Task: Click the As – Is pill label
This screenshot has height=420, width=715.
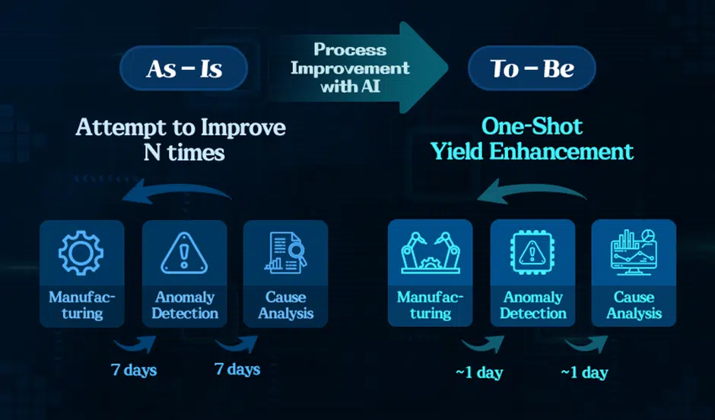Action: [x=184, y=68]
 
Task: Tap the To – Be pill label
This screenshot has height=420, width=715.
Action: [x=532, y=68]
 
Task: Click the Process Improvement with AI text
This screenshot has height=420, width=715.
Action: [x=350, y=68]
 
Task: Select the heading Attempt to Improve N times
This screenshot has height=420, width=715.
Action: [x=181, y=140]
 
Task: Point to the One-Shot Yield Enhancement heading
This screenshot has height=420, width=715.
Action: [x=532, y=138]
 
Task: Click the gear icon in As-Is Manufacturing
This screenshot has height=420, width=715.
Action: [x=81, y=253]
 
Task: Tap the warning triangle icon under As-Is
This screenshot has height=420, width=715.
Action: [x=184, y=253]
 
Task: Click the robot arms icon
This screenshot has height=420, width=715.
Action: [x=431, y=253]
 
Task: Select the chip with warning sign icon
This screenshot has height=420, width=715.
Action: [x=532, y=252]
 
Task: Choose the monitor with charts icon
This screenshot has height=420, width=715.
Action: [x=634, y=252]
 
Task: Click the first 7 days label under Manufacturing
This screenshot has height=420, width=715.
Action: [x=134, y=369]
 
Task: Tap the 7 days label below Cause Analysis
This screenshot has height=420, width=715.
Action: [x=237, y=369]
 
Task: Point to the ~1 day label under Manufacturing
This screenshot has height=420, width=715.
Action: [x=479, y=373]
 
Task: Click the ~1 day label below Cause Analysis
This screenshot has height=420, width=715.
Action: [x=585, y=373]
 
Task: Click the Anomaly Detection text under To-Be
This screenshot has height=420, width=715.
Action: [x=532, y=305]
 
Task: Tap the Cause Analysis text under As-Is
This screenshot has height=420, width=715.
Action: [x=286, y=305]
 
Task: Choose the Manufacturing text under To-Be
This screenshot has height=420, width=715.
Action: [x=430, y=305]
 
